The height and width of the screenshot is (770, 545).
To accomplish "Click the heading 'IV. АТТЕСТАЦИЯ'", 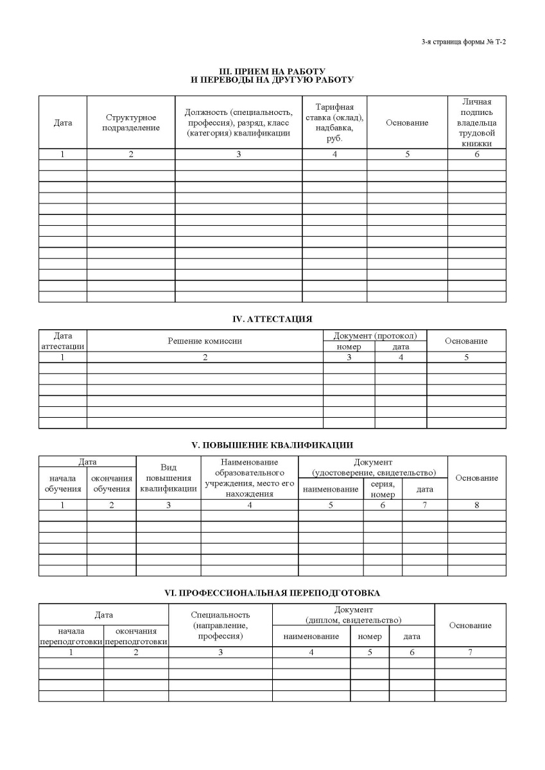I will (272, 318).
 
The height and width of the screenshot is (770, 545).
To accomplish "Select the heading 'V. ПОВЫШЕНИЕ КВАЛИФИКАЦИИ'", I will (272, 445).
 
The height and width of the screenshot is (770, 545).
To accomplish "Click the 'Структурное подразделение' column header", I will (131, 123).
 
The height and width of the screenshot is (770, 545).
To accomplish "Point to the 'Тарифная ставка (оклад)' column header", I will (334, 122).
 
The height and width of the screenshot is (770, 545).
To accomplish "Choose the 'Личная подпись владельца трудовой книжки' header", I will (476, 123).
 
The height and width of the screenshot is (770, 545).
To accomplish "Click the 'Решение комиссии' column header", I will (205, 341).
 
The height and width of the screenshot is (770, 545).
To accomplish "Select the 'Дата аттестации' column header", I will (62, 341).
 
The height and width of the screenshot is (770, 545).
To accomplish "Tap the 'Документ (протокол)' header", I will (375, 336).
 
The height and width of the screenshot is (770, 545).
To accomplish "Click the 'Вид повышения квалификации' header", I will (168, 478).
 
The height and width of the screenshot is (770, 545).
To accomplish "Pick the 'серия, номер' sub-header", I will (383, 489).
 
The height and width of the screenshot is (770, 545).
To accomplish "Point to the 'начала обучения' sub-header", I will (62, 483).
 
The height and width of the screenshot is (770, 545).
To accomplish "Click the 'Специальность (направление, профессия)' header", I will (220, 626).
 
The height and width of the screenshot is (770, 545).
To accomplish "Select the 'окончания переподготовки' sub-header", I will (136, 636).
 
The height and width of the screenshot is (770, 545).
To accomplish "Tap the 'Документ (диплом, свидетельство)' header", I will (353, 615).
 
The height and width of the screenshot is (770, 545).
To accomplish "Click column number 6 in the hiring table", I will (476, 154).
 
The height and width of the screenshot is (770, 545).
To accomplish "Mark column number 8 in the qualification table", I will (476, 505).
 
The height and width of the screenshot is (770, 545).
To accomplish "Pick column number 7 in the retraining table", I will (470, 652).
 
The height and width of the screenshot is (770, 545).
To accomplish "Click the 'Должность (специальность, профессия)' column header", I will (238, 123).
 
